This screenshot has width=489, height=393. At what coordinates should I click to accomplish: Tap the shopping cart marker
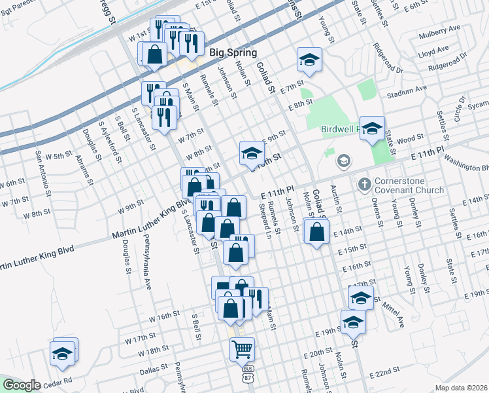coord(242,350)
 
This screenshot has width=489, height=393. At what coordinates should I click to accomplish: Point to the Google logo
coord(22,385)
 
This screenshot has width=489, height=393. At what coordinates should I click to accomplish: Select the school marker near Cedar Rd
coord(63,354)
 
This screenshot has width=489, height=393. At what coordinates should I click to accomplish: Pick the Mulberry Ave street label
coord(442,30)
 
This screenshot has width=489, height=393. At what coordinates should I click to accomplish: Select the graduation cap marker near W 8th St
coord(250,154)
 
